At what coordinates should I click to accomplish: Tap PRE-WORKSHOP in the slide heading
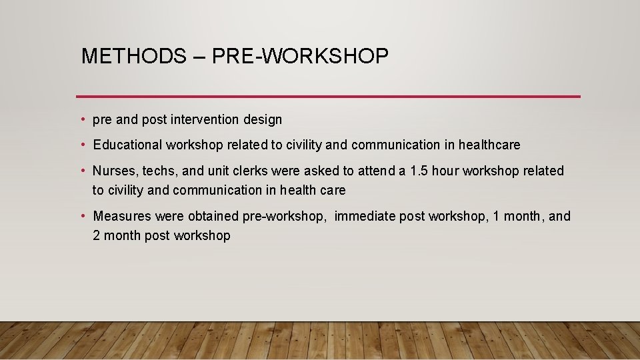point(300,57)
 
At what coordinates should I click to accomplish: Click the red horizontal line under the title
point(328,97)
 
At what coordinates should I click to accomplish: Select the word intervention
point(206,120)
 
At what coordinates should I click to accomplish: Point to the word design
point(263,120)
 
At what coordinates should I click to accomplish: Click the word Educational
point(127,145)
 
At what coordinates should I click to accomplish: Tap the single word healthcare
point(489,145)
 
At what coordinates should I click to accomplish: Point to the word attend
point(376,171)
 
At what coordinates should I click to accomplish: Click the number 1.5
point(419,171)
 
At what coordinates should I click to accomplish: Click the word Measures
point(122,217)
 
